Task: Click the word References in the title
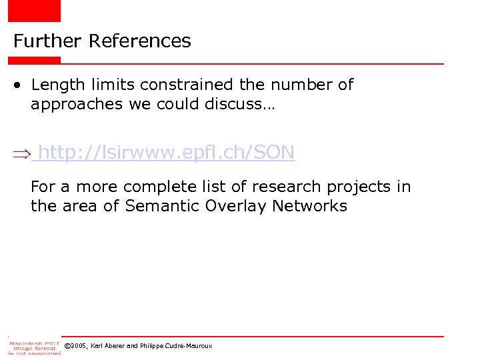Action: point(140,41)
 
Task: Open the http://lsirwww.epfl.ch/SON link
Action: point(167,153)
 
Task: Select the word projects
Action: point(357,187)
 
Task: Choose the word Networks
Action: point(309,206)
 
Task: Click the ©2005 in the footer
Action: point(76,346)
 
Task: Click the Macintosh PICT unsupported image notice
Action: point(34,347)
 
